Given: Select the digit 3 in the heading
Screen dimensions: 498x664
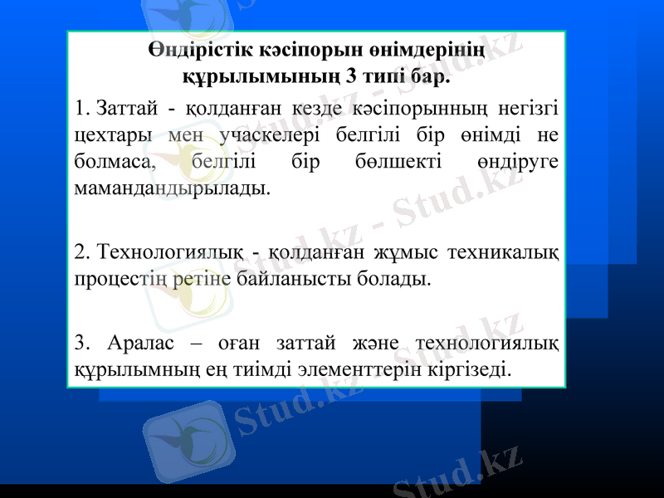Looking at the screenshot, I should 353,79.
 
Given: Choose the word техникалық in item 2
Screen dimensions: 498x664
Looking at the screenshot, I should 502,250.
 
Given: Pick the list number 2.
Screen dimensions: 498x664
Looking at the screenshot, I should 80,250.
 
